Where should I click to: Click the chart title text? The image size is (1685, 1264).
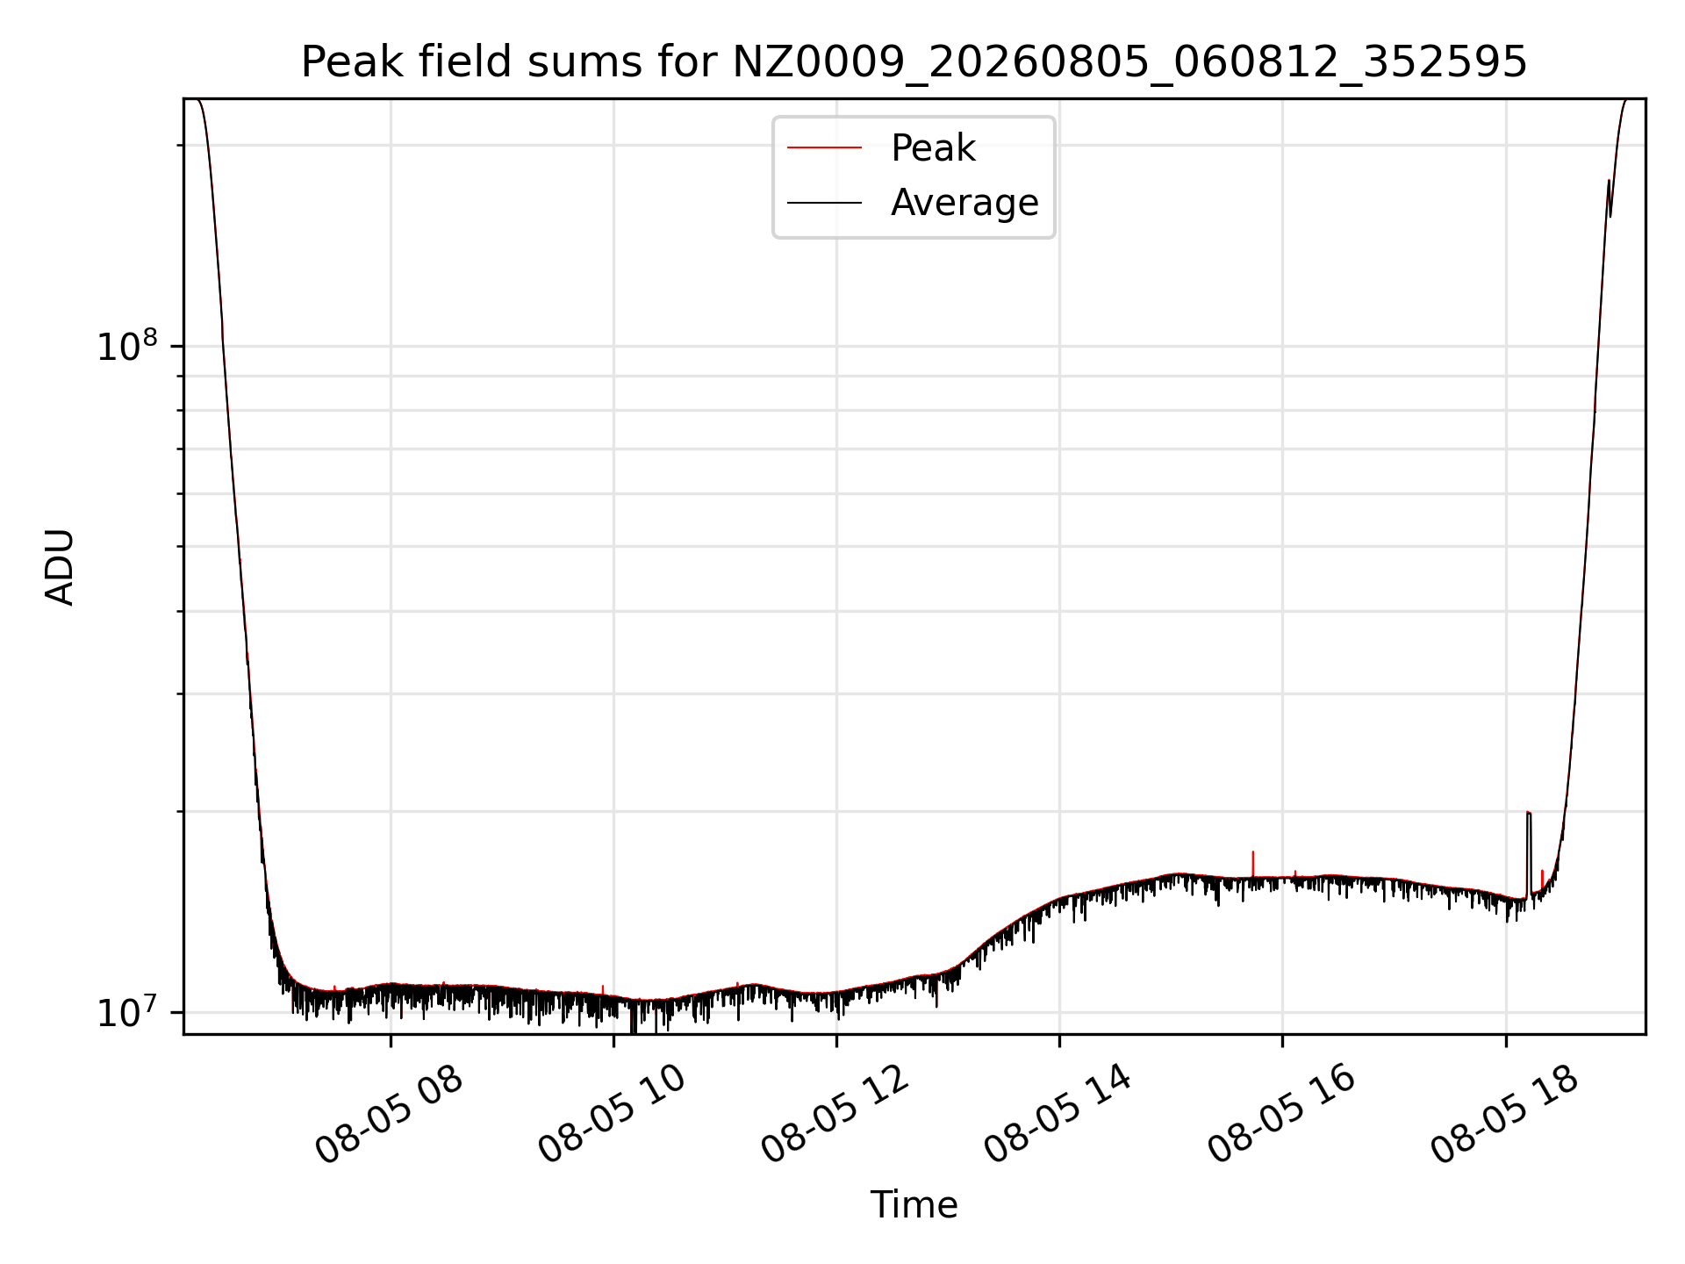[914, 62]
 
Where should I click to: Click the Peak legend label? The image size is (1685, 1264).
[933, 148]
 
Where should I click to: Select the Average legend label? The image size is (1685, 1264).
[964, 203]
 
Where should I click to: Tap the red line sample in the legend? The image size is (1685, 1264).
[824, 148]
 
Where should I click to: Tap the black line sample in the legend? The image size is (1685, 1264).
[824, 203]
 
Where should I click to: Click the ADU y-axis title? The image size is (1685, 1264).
[60, 567]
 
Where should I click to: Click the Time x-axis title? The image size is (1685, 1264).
[914, 1205]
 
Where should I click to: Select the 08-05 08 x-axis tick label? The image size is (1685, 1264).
[389, 1115]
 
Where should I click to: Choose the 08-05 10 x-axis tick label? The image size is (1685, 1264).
[612, 1115]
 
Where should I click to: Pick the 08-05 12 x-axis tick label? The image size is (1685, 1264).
[835, 1115]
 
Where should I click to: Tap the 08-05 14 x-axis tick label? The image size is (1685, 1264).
[1058, 1115]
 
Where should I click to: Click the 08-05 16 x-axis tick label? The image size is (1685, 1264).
[1281, 1115]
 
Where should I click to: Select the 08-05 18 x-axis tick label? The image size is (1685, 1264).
[1504, 1115]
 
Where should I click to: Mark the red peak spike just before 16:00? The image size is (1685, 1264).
[1252, 864]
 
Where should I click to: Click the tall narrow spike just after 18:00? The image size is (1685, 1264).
[1529, 851]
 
